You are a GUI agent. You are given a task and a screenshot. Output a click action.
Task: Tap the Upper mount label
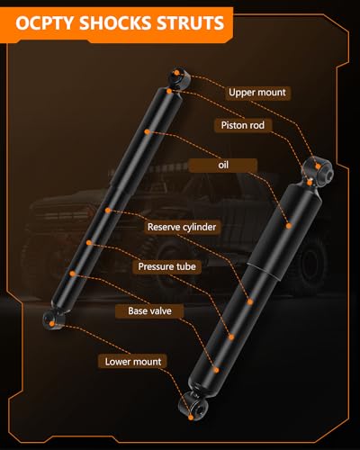click(257, 93)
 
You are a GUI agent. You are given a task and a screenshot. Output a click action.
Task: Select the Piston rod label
click(243, 125)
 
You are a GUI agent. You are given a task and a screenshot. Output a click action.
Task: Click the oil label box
click(223, 165)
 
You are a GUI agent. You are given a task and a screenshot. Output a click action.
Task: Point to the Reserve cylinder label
click(182, 227)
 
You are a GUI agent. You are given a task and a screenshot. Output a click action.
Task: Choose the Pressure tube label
click(167, 266)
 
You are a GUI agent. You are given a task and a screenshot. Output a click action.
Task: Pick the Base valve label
click(149, 311)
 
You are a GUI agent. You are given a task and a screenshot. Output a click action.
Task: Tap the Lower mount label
click(133, 362)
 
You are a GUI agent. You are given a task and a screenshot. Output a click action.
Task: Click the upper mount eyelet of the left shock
click(180, 76)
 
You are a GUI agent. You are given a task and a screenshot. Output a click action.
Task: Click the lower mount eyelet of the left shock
click(52, 320)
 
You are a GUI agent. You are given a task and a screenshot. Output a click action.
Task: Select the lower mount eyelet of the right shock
click(193, 407)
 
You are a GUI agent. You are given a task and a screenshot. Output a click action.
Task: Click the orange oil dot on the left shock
click(147, 131)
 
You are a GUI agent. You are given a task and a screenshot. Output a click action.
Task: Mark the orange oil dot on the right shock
click(289, 226)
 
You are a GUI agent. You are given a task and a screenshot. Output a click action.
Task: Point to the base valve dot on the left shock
click(72, 274)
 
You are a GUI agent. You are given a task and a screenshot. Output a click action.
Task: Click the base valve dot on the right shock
click(216, 370)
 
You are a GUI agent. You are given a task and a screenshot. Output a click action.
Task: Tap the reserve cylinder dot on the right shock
click(250, 301)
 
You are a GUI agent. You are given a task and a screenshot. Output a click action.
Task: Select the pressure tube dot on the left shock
click(89, 242)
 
